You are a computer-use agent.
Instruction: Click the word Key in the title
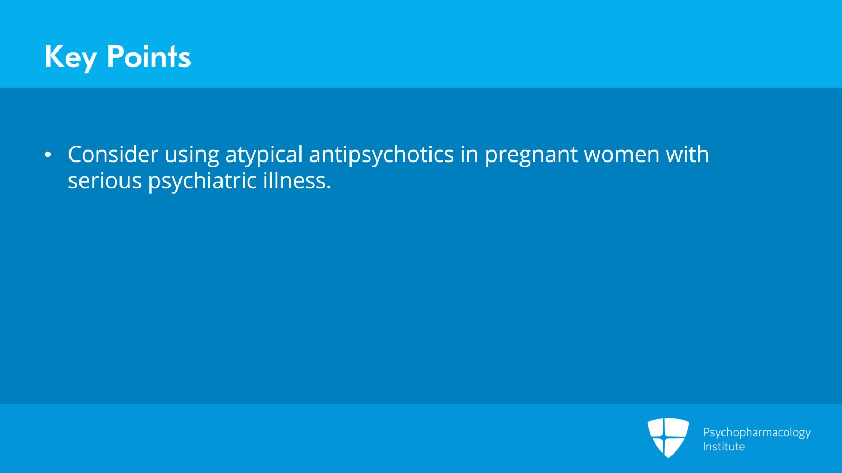[x=71, y=57]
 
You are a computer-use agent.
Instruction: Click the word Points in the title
[x=148, y=56]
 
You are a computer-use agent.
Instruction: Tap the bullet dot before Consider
[x=48, y=155]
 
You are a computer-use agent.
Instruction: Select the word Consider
[x=113, y=155]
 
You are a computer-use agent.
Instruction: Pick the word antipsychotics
[x=382, y=155]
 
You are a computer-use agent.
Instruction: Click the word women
[x=622, y=155]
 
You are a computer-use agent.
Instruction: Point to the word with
[x=687, y=154]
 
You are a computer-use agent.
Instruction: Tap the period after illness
[x=329, y=188]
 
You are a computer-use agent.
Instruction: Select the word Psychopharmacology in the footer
[x=757, y=432]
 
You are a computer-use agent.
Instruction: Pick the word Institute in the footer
[x=724, y=447]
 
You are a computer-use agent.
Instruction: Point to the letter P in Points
[x=116, y=56]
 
